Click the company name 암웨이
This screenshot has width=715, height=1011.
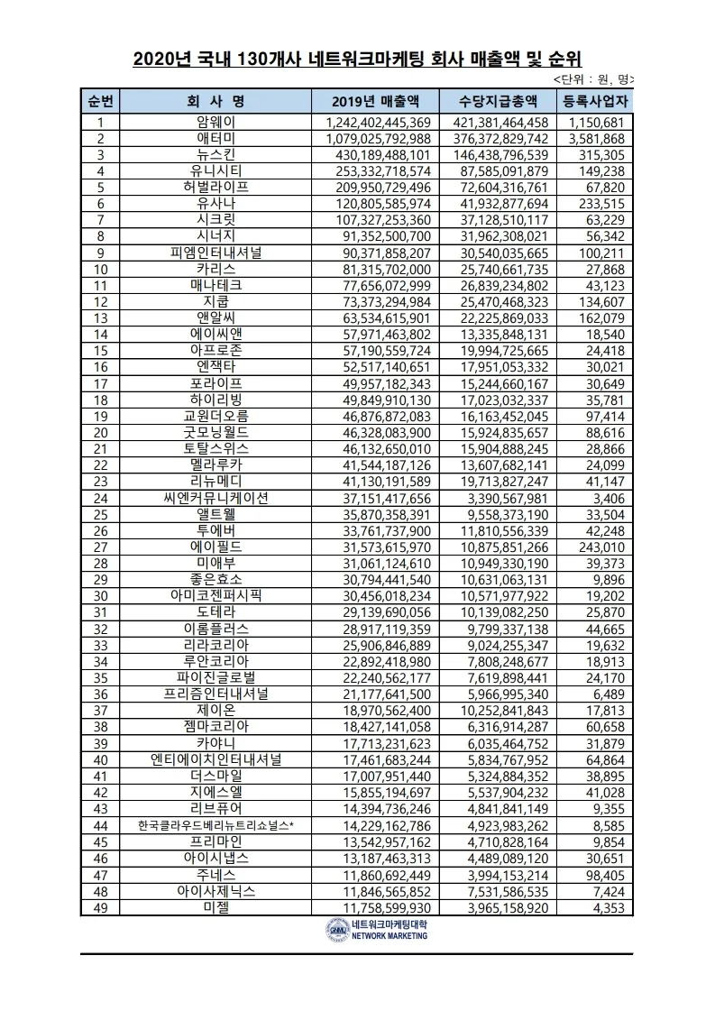pos(215,123)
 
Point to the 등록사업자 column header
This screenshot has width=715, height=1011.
pos(594,100)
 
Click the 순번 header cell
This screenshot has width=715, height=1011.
pos(100,100)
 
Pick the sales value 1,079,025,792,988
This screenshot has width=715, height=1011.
pos(378,139)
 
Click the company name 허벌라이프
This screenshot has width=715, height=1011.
pos(215,188)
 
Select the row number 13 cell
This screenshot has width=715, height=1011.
pos(100,317)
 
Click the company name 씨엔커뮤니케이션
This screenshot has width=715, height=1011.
pos(215,498)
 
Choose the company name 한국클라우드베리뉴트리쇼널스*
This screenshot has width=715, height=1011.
pos(215,825)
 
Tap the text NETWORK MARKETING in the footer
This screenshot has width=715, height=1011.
pos(390,937)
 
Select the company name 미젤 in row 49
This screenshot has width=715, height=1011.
pos(215,906)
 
